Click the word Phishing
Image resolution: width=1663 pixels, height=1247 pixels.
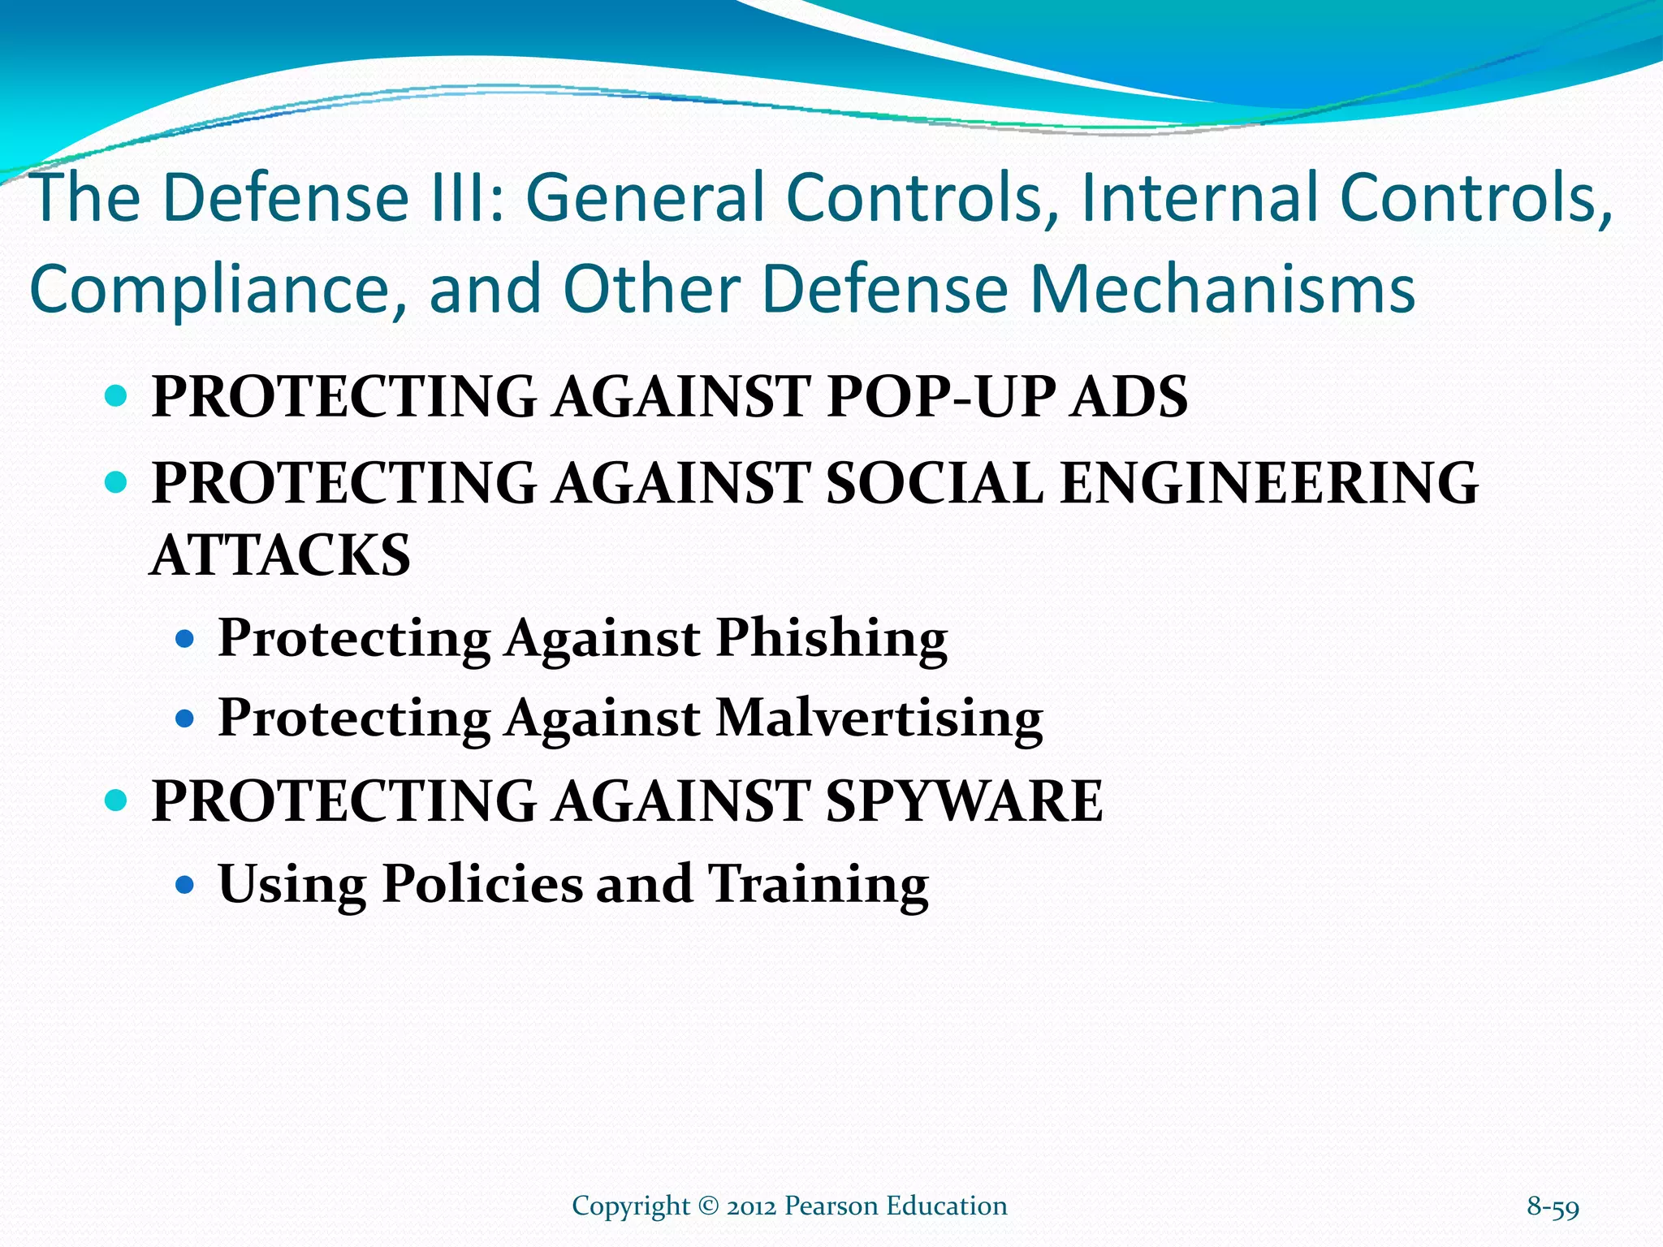click(x=831, y=638)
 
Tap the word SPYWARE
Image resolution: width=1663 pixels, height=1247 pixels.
click(x=964, y=801)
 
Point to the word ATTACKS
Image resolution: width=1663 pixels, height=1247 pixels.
click(x=281, y=556)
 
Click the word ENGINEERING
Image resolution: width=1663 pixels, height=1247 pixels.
click(x=1269, y=483)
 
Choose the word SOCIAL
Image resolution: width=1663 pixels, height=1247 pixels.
click(x=935, y=483)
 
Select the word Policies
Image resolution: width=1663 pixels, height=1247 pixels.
click(x=482, y=883)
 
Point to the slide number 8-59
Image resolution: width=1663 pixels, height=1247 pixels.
click(x=1553, y=1206)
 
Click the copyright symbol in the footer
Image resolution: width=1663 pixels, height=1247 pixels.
click(x=708, y=1206)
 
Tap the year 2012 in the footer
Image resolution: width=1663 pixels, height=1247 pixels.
click(x=752, y=1206)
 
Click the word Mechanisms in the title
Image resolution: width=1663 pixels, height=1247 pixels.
click(x=1223, y=290)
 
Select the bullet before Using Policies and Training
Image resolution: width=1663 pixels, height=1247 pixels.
click(x=186, y=884)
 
